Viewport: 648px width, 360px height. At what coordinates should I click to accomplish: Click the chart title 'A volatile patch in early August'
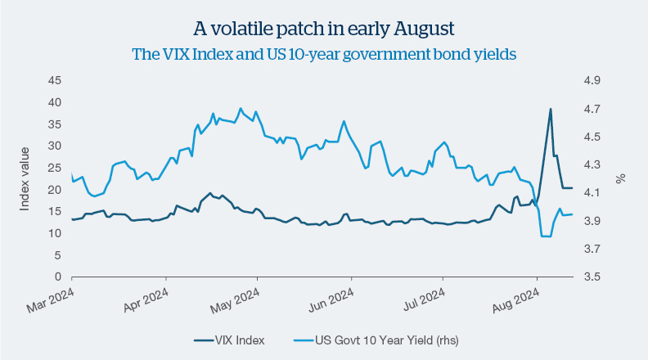tap(323, 29)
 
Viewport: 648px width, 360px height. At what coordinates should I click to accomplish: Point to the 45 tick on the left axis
tap(55, 80)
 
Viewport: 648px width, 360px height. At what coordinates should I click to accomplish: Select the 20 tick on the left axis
tap(55, 190)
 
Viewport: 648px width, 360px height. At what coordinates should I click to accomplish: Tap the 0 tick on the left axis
tap(58, 277)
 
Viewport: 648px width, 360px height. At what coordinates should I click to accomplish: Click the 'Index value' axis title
tap(25, 178)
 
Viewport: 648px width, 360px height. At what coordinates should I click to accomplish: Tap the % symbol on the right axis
tap(621, 178)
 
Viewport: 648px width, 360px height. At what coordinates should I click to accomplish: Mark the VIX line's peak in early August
tap(551, 109)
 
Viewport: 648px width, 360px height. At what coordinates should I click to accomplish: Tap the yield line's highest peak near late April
tap(241, 108)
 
